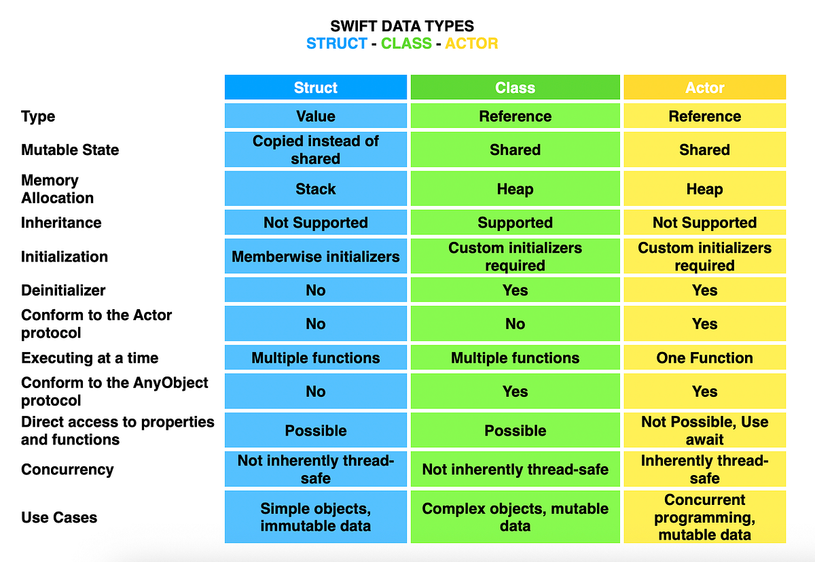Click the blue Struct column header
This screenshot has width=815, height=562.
315,87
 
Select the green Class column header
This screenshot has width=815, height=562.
515,87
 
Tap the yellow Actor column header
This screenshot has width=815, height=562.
705,87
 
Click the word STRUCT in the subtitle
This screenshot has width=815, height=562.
337,43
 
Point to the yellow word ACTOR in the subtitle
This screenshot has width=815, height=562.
471,43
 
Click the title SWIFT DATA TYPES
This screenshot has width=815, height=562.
402,26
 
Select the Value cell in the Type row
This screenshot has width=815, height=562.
315,116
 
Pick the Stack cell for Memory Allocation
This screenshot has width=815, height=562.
315,188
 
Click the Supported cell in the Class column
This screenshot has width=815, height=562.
515,222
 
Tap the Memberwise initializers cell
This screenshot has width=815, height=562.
315,256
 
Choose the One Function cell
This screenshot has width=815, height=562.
705,357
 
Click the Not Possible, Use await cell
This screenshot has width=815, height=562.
705,430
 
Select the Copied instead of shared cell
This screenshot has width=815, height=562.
315,150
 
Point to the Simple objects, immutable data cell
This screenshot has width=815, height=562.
315,517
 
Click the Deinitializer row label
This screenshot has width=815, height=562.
63,290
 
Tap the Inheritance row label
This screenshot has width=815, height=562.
61,222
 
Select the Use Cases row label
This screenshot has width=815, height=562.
59,517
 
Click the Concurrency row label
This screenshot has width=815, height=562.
67,470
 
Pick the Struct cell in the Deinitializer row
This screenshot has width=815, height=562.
315,289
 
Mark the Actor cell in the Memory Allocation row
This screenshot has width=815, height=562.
705,188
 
